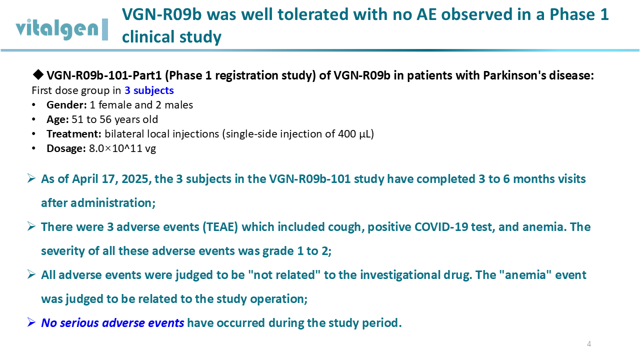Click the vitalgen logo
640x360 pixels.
point(61,29)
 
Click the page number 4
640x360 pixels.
point(589,343)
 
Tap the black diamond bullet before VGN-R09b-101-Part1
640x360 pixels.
point(38,75)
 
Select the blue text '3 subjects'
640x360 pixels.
point(149,90)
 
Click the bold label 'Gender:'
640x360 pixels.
point(66,105)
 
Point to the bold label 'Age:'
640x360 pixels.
point(57,119)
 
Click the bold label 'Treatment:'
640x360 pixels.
point(74,133)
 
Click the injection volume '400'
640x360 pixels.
point(347,133)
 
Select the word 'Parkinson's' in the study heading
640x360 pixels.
point(510,75)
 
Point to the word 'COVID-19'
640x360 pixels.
point(441,227)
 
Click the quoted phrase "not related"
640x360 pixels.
point(284,275)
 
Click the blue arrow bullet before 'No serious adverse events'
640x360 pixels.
point(31,322)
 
